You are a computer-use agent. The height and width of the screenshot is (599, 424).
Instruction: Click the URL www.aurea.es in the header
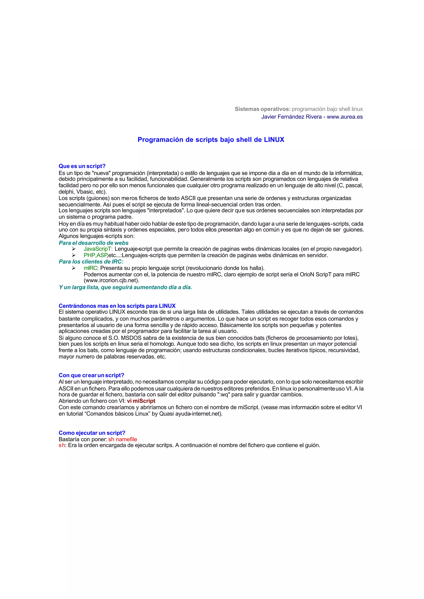tap(345, 117)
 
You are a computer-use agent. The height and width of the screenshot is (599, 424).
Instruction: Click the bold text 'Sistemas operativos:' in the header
tap(262, 109)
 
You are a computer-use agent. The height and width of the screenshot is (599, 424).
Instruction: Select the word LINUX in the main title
tap(274, 140)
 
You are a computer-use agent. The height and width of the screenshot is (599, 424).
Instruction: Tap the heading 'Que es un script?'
tap(82, 166)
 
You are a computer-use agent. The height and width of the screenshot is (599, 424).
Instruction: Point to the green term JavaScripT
tap(98, 249)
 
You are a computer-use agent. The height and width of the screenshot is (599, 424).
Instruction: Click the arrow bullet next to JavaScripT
tap(74, 249)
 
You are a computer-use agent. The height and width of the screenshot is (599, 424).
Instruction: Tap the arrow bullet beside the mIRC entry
tap(74, 268)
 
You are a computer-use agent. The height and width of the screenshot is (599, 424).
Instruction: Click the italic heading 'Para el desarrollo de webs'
tap(93, 243)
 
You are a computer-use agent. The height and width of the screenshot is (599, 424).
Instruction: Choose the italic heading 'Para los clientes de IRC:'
tap(91, 262)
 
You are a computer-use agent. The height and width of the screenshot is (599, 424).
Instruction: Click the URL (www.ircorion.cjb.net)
tap(111, 280)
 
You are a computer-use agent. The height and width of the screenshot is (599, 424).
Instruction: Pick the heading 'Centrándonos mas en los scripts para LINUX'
tap(117, 306)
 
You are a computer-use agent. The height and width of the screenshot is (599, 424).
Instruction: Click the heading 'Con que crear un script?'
tap(91, 375)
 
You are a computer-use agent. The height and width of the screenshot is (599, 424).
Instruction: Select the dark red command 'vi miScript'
tap(141, 401)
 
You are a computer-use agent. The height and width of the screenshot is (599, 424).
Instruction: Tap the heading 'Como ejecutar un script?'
tap(92, 433)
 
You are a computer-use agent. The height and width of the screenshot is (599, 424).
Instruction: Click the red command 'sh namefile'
tap(123, 439)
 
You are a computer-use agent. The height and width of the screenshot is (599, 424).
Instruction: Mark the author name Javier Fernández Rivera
tap(291, 117)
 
